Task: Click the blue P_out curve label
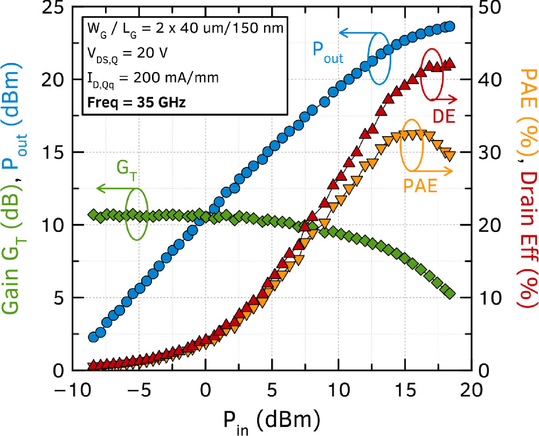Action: [x=327, y=52]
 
